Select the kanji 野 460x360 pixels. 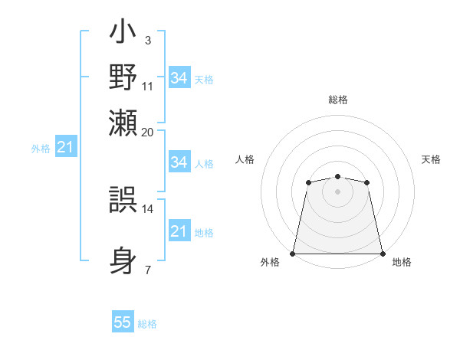click(123, 77)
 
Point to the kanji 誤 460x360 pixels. click(123, 201)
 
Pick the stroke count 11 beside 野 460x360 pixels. click(148, 86)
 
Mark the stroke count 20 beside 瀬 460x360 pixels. click(148, 132)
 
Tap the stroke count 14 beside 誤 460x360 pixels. click(148, 208)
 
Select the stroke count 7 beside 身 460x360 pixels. click(147, 270)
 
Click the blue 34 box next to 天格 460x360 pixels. click(179, 78)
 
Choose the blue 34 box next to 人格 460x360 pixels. click(179, 162)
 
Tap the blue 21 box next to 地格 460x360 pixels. click(179, 231)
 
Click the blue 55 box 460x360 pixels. click(123, 322)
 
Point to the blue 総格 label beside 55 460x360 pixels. click(147, 324)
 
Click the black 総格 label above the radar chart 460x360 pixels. click(337, 100)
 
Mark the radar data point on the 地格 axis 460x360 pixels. click(383, 254)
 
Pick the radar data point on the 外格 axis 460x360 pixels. click(293, 254)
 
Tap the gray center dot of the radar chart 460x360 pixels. click(337, 191)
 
